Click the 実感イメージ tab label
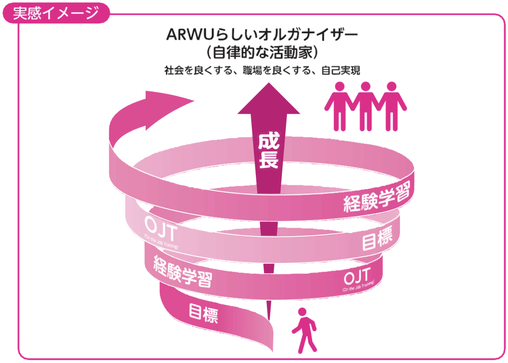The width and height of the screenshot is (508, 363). point(56,13)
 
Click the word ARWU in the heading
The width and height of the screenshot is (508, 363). point(191,35)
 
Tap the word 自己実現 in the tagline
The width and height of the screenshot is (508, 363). point(340,70)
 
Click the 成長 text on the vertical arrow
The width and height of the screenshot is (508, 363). point(268,150)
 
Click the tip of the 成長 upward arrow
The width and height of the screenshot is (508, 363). point(269,85)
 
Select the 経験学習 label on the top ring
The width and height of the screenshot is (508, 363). point(376,197)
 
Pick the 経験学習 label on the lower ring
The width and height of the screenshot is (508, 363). point(182,272)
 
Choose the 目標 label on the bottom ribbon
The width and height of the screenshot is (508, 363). point(203,313)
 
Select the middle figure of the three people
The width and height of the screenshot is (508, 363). point(365,107)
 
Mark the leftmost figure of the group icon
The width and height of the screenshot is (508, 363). point(339,107)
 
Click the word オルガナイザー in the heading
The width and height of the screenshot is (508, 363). point(308,35)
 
